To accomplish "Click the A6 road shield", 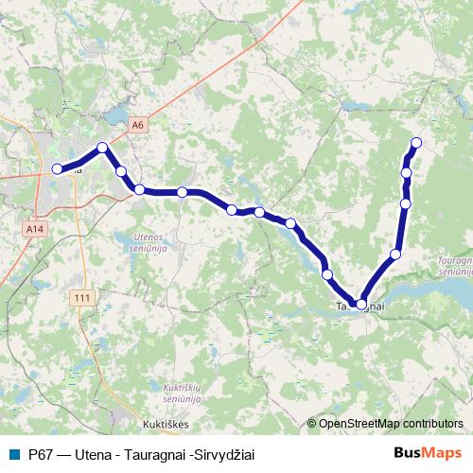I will click(138, 125).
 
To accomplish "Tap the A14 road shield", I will click(35, 229).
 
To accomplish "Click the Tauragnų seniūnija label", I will click(454, 264).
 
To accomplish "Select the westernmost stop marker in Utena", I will click(57, 168).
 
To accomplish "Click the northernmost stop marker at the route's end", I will click(414, 143).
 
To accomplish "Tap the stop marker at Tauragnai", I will click(361, 305).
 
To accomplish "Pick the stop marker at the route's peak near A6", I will click(102, 147).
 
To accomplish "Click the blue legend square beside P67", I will click(13, 454).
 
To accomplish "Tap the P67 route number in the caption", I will click(42, 454).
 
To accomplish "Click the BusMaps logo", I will click(429, 453).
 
